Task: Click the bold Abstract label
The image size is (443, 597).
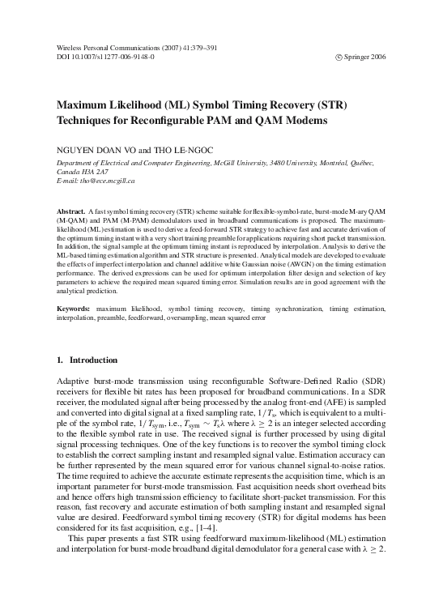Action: pos(71,209)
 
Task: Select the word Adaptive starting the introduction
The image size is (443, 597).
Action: pos(73,379)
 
